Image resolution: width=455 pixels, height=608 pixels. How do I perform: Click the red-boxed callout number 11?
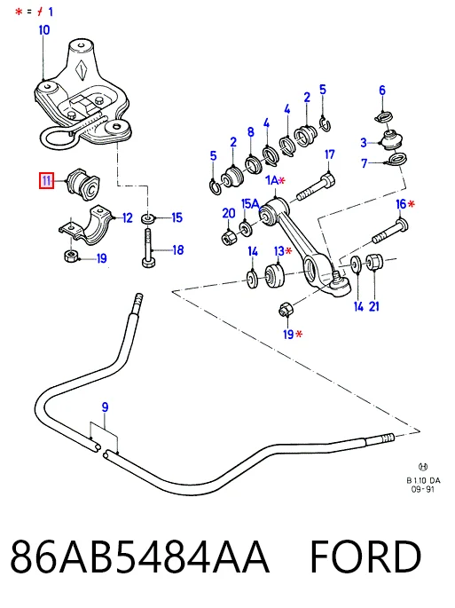[x=46, y=181]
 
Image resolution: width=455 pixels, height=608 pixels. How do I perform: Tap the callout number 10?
[x=44, y=30]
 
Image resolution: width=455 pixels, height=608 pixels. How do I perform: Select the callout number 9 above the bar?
[x=105, y=407]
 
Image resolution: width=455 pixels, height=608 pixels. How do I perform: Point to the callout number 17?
[x=329, y=154]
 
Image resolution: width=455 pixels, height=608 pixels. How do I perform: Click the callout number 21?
[x=374, y=306]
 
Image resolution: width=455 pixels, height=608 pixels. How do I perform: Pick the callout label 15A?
[x=250, y=203]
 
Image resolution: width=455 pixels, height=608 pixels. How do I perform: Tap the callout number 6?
[x=382, y=91]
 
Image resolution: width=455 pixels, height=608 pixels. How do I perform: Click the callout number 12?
[x=128, y=218]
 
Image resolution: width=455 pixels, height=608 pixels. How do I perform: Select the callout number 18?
[x=178, y=250]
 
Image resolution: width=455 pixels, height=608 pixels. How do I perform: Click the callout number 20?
[x=229, y=213]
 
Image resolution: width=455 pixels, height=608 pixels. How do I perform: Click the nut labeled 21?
[x=374, y=262]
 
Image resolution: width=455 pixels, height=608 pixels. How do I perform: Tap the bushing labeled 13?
[x=274, y=275]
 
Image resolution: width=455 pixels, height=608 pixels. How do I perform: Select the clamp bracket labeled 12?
[x=86, y=225]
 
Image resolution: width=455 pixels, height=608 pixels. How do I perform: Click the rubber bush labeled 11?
[x=83, y=185]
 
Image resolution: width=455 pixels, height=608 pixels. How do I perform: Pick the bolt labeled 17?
[x=316, y=188]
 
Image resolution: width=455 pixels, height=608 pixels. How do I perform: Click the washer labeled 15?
[x=148, y=219]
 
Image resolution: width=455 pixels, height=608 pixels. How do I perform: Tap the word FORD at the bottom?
[x=365, y=557]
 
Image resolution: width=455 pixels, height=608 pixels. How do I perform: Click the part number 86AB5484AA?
[x=139, y=557]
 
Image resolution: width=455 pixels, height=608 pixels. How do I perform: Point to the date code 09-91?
[x=423, y=489]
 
